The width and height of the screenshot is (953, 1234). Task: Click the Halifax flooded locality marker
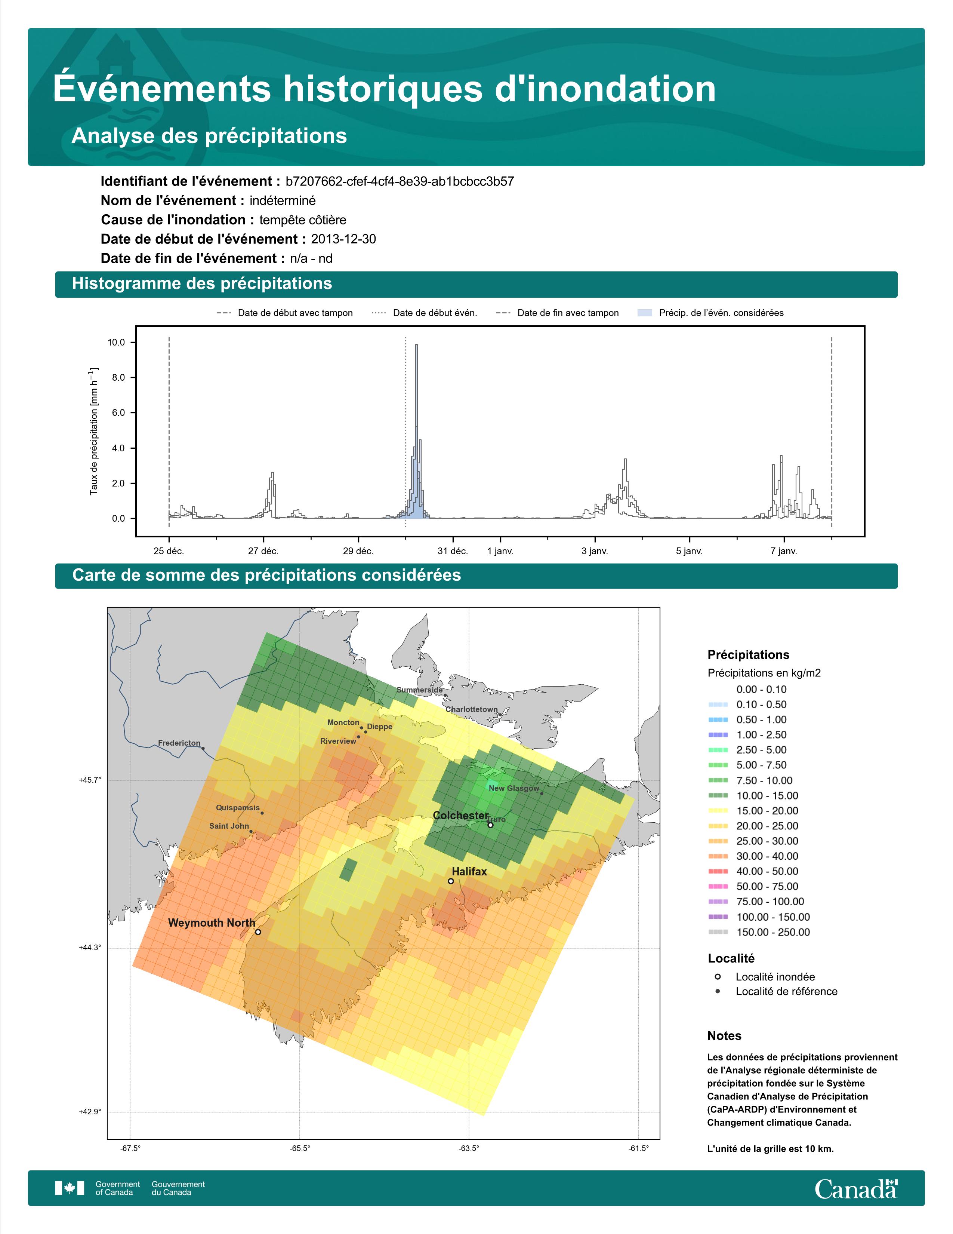(x=451, y=881)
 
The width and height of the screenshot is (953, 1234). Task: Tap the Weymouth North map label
(x=212, y=923)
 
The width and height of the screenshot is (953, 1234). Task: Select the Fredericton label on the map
(x=179, y=743)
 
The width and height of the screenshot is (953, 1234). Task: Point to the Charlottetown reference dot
(x=500, y=715)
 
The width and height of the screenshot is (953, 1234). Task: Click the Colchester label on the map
(x=461, y=815)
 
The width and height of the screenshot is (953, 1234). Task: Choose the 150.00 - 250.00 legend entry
(x=759, y=932)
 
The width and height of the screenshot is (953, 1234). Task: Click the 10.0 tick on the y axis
(x=116, y=343)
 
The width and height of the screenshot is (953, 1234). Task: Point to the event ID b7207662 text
(x=400, y=181)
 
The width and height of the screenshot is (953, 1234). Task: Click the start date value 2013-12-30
(x=343, y=239)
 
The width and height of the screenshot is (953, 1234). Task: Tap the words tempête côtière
(x=303, y=220)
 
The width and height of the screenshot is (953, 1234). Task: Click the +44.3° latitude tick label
(x=90, y=948)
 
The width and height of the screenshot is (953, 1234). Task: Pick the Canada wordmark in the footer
(x=856, y=1190)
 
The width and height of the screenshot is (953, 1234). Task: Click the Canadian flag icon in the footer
(x=70, y=1188)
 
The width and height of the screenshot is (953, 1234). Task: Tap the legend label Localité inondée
(x=775, y=977)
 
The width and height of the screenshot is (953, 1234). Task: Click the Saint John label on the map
(x=229, y=826)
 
